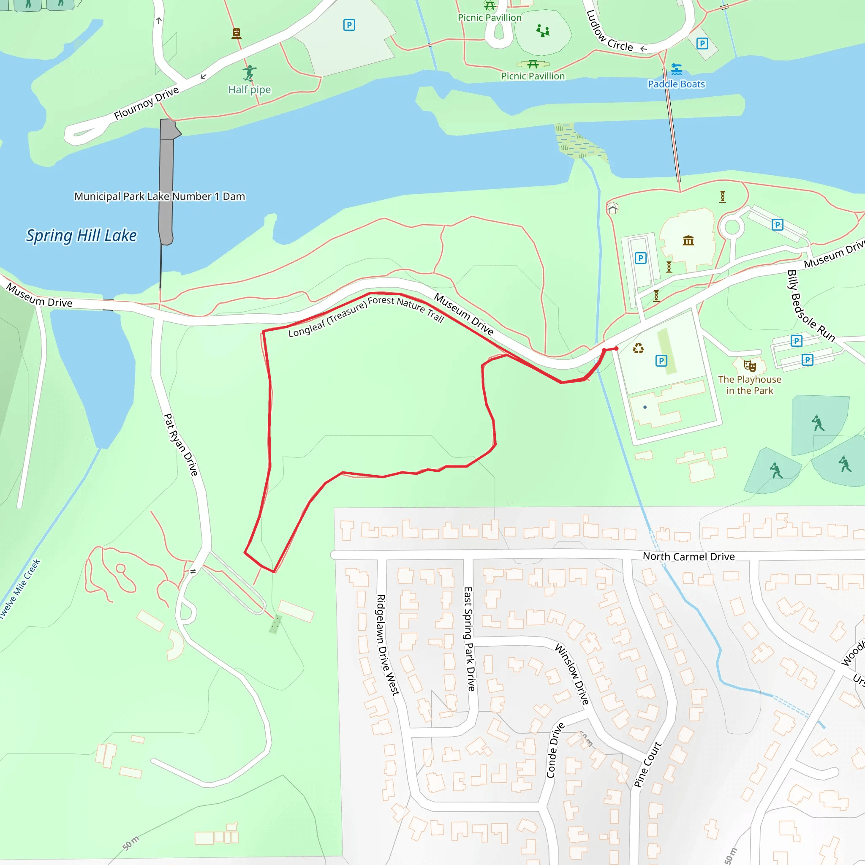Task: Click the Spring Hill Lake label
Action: [81, 236]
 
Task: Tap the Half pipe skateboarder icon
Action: [249, 73]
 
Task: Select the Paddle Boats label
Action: [676, 84]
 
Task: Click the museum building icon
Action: [688, 241]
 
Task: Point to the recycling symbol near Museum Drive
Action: [638, 348]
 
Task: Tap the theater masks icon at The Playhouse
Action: [750, 366]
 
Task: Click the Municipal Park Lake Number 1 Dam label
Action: [159, 196]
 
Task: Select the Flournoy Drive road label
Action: [147, 103]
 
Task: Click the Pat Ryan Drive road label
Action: [180, 445]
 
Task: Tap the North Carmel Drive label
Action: [688, 557]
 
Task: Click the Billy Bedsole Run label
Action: [811, 306]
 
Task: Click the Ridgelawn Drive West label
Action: [387, 645]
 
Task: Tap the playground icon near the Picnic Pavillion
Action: [543, 30]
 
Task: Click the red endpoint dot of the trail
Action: [617, 348]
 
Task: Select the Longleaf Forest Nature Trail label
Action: [366, 316]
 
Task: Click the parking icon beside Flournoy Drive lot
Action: [349, 25]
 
